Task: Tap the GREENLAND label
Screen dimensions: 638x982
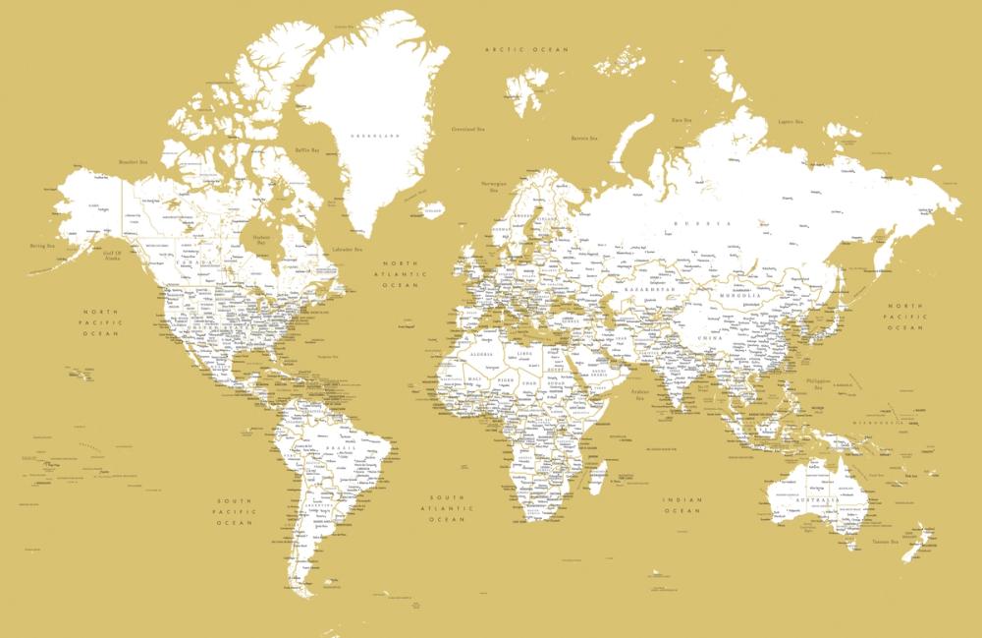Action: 378,135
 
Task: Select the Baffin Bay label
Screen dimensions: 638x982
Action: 307,150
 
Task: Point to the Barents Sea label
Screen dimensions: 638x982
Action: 586,139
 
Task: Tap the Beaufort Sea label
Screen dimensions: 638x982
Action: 133,162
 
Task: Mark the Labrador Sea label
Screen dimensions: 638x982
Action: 348,249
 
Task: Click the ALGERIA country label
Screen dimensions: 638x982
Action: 482,350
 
